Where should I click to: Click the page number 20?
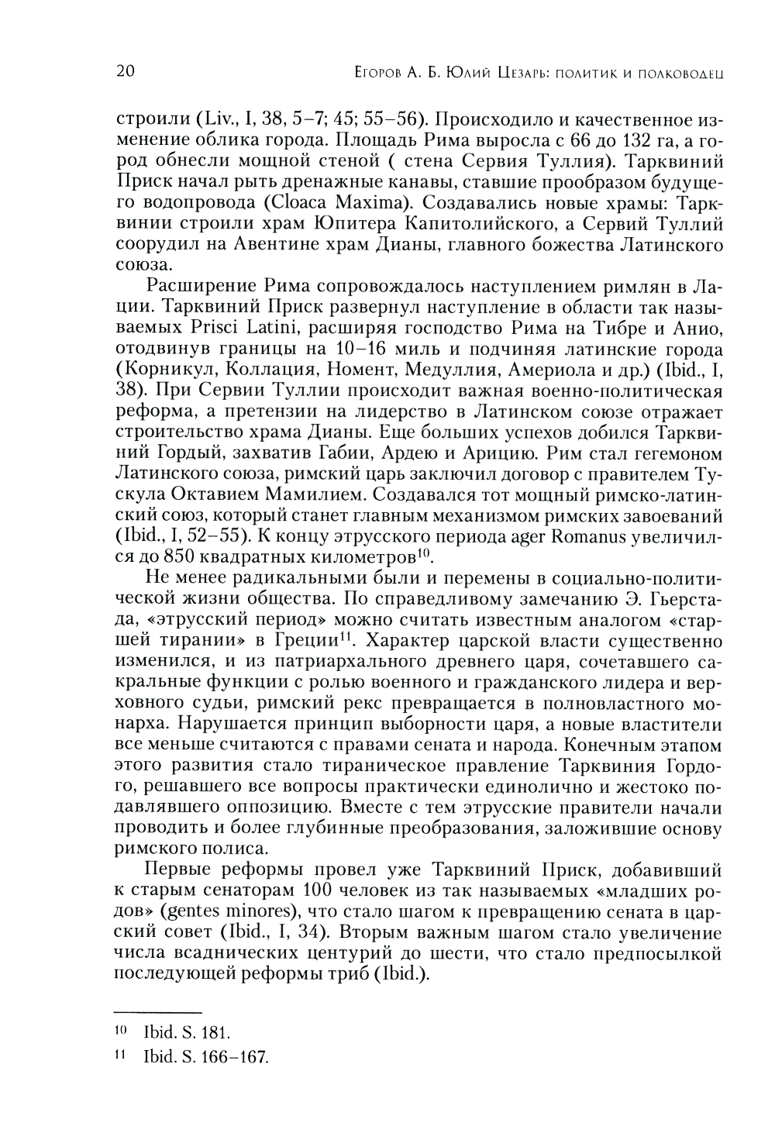[x=124, y=72]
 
